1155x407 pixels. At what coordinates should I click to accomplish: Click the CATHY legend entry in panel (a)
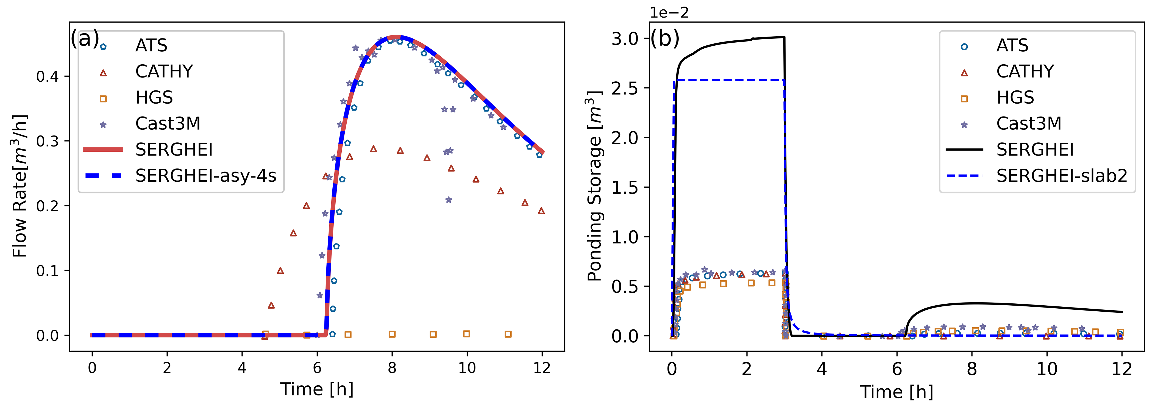pyautogui.click(x=164, y=71)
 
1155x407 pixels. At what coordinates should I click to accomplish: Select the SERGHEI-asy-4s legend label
pyautogui.click(x=206, y=175)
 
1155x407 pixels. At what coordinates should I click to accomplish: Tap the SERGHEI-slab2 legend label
pyautogui.click(x=1062, y=175)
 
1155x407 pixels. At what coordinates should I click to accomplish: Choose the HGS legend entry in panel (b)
pyautogui.click(x=1015, y=97)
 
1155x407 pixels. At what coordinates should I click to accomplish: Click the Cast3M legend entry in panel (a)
pyautogui.click(x=168, y=123)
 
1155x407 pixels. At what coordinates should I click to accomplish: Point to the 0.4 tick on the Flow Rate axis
pyautogui.click(x=48, y=77)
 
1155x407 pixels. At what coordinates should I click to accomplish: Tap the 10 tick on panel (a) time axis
pyautogui.click(x=467, y=368)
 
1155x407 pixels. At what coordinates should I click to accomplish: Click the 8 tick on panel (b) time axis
pyautogui.click(x=972, y=369)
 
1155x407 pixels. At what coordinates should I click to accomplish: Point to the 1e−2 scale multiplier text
pyautogui.click(x=669, y=13)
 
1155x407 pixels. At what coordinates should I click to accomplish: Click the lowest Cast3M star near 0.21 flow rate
pyautogui.click(x=448, y=200)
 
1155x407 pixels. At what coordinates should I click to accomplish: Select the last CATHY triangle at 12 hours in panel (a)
pyautogui.click(x=541, y=211)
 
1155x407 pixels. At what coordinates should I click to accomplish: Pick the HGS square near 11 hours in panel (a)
pyautogui.click(x=508, y=334)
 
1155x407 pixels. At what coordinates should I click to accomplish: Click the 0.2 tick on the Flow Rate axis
pyautogui.click(x=48, y=206)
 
